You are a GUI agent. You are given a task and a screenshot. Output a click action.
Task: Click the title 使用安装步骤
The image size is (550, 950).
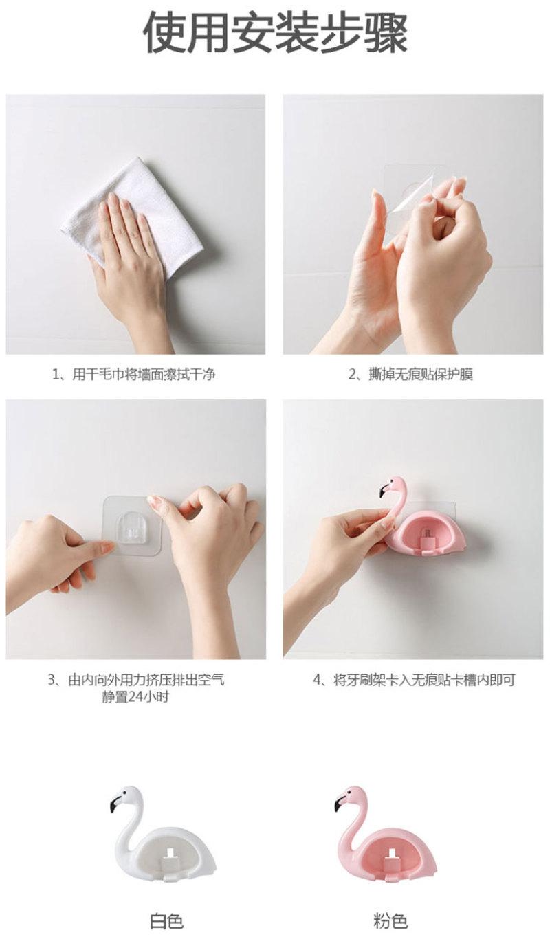[276, 33]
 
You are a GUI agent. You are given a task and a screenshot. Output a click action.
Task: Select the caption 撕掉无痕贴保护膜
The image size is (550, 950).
[421, 375]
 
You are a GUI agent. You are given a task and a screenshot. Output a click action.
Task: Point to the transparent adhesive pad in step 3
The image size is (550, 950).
[132, 525]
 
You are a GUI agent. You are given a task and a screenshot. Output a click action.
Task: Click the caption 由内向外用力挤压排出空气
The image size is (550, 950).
[146, 681]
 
